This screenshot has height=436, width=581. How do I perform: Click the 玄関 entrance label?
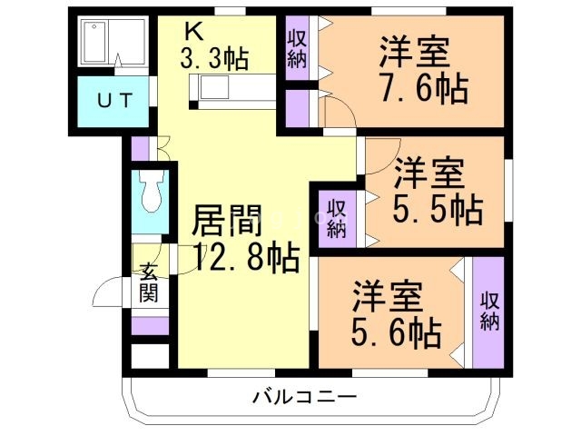pos(149,282)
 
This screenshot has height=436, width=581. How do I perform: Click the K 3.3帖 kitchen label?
pos(214,45)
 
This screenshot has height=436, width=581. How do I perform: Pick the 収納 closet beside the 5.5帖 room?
pos(337,216)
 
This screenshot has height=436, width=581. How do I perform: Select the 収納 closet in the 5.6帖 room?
pos(488,311)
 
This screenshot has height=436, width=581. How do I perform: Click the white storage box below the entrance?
pos(150,355)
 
